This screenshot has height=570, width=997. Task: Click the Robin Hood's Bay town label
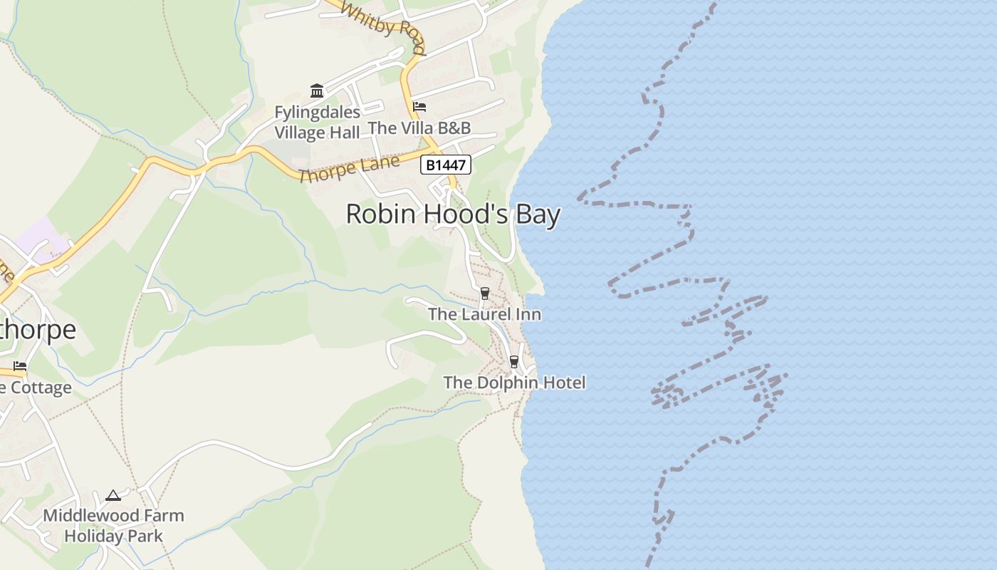[x=453, y=214]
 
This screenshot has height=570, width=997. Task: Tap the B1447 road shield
[x=446, y=165]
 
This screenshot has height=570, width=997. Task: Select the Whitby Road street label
[x=383, y=27]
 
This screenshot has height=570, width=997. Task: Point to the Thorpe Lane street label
[x=349, y=169]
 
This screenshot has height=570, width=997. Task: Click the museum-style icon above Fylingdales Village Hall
[x=317, y=90]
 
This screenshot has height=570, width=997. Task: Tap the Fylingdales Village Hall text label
[x=318, y=123]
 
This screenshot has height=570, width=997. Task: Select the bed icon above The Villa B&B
[x=419, y=107]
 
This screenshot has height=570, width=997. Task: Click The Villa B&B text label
[x=419, y=128]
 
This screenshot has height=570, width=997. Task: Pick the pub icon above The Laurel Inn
[x=485, y=293]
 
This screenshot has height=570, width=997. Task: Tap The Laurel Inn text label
[x=484, y=314]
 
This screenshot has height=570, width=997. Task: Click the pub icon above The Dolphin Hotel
[x=514, y=362]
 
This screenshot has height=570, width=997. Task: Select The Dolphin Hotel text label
[x=514, y=383]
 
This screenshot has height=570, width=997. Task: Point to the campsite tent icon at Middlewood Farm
[x=113, y=494]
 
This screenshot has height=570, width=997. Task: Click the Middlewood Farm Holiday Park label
[x=113, y=525]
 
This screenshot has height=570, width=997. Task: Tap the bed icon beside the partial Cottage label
[x=20, y=366]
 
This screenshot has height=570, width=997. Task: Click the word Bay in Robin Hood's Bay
[x=538, y=214]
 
